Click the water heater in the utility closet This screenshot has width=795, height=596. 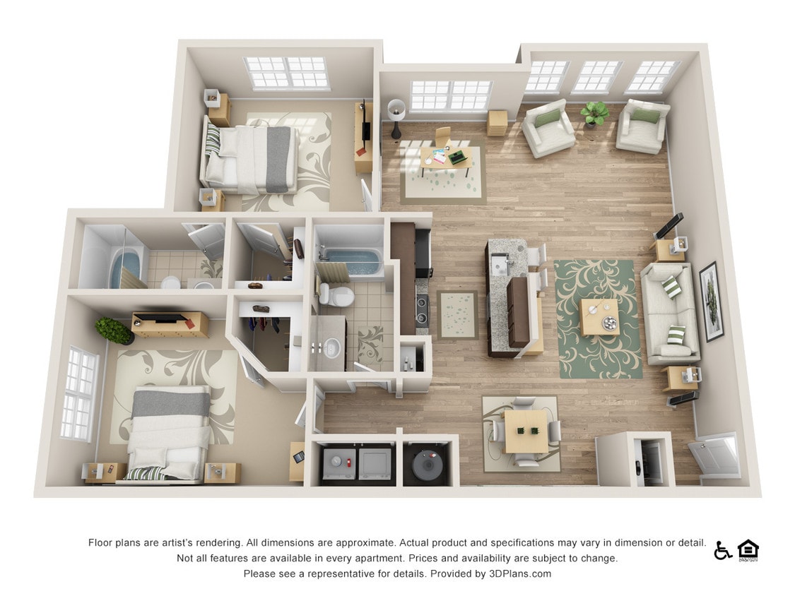[x=426, y=463]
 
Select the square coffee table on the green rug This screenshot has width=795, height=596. [x=599, y=317]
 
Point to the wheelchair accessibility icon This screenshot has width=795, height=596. [x=722, y=550]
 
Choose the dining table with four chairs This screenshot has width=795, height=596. [x=526, y=431]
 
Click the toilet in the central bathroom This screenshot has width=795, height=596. [x=338, y=293]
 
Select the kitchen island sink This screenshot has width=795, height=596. [x=501, y=264]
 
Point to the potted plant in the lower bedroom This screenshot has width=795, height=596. [x=113, y=330]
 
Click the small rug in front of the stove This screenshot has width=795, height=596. [x=457, y=314]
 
